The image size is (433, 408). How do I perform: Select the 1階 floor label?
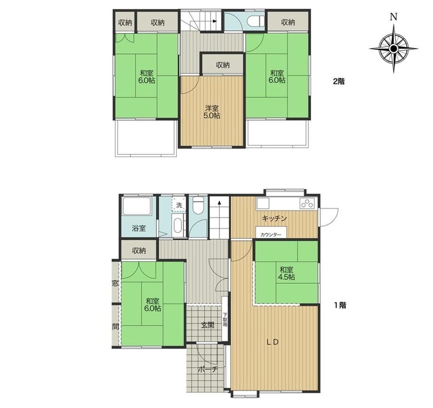click(340, 305)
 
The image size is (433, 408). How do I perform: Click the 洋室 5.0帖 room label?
click(212, 112)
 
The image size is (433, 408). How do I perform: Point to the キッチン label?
click(274, 218)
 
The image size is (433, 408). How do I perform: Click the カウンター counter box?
click(271, 232)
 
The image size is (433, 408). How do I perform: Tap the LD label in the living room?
click(273, 342)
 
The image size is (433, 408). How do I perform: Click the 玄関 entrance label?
click(207, 325)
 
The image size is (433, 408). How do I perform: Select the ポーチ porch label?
click(208, 369)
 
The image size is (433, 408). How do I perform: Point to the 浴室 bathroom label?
click(139, 228)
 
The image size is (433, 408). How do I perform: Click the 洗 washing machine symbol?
click(179, 205)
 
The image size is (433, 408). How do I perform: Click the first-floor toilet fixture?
click(198, 205)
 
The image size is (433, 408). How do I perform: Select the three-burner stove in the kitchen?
click(307, 204)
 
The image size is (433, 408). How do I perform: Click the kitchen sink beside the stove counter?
click(263, 204)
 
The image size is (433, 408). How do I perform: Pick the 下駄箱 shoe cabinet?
click(225, 319)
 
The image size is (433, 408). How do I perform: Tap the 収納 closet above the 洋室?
click(223, 64)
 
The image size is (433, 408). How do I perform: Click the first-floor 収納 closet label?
click(139, 251)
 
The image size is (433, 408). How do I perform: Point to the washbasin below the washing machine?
click(177, 226)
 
